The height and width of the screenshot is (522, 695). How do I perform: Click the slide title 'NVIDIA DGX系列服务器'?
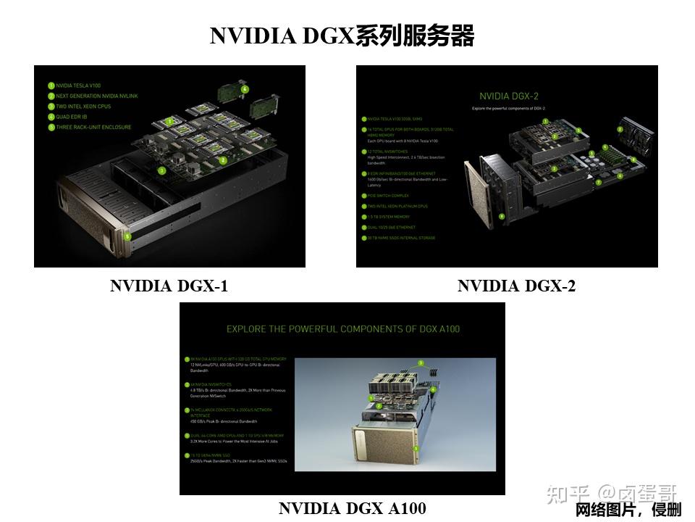coord(342,36)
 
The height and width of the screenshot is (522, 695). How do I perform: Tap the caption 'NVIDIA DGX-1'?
coord(169,286)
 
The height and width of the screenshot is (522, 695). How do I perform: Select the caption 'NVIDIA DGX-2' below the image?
coord(516,286)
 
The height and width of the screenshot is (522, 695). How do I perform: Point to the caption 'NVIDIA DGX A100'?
coord(352,508)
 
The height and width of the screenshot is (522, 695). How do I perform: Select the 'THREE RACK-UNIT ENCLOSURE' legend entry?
coord(93,127)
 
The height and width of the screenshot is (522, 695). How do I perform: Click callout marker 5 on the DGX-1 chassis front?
coord(127,236)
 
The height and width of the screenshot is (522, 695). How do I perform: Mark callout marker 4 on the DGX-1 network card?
coord(245,89)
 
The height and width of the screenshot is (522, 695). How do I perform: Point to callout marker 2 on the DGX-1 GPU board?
coord(223,160)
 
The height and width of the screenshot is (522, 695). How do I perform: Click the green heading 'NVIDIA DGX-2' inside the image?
coord(509,96)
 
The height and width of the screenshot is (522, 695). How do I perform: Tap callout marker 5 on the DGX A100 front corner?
coord(416,449)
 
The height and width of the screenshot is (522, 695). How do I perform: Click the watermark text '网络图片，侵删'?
coord(628,510)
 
